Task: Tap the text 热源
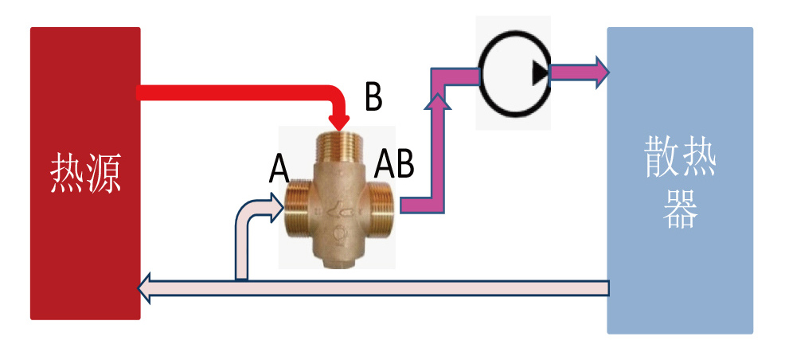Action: point(85,174)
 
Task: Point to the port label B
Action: point(373,97)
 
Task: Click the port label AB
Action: point(394,164)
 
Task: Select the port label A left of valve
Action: point(278,168)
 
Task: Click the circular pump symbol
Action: point(514,73)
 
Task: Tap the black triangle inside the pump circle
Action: point(541,73)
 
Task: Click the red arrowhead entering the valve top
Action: point(340,122)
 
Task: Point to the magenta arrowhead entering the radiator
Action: point(599,72)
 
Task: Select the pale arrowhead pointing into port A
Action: point(275,209)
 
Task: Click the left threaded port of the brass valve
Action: point(296,209)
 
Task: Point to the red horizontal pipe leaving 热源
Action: point(231,93)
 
